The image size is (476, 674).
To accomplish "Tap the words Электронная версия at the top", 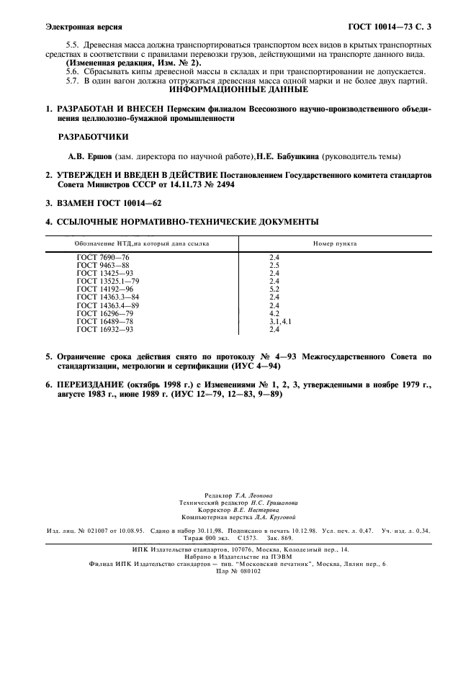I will click(x=83, y=27).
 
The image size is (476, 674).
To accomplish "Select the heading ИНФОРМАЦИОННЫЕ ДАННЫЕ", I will click(x=238, y=91).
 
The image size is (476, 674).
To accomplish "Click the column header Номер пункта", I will click(x=335, y=243).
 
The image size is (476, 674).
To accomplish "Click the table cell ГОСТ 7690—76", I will click(x=103, y=257).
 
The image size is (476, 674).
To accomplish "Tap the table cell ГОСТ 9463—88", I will click(x=103, y=264).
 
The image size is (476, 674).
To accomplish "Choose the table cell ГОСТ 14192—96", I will click(x=105, y=289).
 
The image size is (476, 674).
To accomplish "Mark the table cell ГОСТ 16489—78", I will click(x=105, y=322).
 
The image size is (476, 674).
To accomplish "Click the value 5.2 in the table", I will click(x=274, y=289).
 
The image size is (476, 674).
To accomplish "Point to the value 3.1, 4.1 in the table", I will click(x=280, y=322).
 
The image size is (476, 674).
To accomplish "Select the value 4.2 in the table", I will click(x=274, y=314).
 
